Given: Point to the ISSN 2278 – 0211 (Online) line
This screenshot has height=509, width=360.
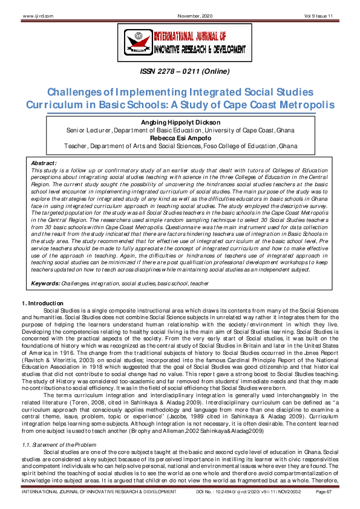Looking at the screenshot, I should (x=180, y=74).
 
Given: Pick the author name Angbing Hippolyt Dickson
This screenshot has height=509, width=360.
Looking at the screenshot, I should (x=180, y=123).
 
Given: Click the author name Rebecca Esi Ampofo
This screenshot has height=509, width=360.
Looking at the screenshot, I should (x=180, y=138).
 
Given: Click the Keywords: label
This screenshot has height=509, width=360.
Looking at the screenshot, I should (x=45, y=282).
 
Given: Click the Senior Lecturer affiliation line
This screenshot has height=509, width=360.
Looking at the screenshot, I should (x=180, y=130).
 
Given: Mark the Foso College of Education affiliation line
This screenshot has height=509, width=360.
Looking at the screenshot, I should (x=180, y=146).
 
